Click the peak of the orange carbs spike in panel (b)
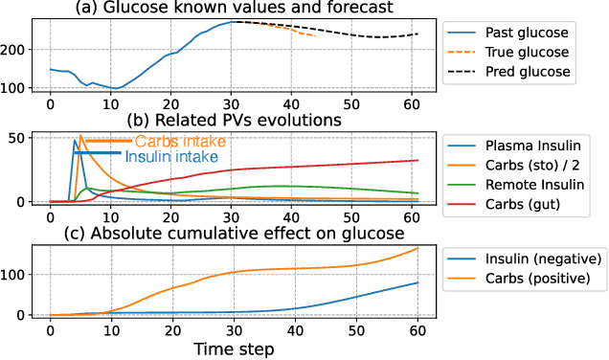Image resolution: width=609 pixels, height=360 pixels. (80, 135)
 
